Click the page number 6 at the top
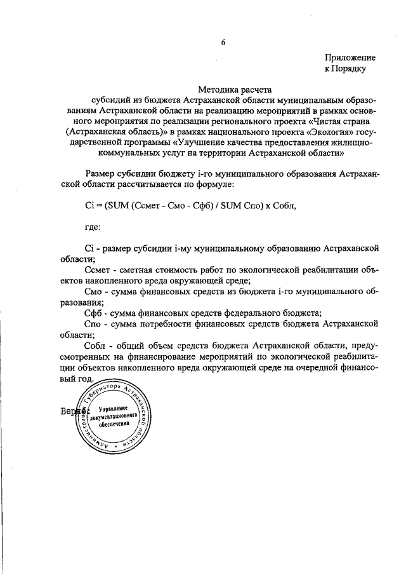coord(223,43)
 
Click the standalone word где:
coord(93,226)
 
